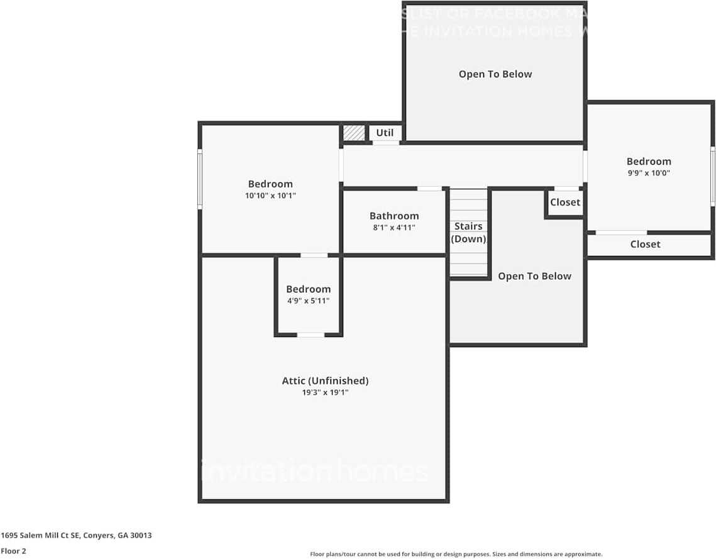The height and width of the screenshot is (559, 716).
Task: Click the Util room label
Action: point(385,133)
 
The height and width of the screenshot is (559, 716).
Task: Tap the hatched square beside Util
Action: point(354,133)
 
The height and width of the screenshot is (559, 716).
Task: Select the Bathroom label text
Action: point(394,216)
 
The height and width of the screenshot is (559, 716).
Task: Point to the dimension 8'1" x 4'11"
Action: point(394,228)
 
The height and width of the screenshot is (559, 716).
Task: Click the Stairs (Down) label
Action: point(469,232)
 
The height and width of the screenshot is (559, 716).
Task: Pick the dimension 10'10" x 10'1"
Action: point(270,196)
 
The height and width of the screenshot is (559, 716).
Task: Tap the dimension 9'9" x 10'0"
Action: point(649,173)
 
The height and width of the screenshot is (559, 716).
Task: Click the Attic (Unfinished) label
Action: point(325,380)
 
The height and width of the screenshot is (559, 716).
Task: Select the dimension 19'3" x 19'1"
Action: point(325,392)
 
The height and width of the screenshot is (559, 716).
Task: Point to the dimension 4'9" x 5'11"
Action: point(308,301)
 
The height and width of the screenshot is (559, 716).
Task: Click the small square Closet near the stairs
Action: point(565,202)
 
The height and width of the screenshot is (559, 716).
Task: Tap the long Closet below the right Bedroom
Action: point(645,244)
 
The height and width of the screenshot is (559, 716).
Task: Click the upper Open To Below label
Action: point(495,74)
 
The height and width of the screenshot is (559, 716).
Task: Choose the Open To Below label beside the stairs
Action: point(534,276)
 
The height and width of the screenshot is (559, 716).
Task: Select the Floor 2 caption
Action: point(13,551)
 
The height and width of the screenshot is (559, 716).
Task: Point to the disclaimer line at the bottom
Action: point(456,554)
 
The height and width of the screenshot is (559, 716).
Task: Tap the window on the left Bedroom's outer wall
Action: point(200,179)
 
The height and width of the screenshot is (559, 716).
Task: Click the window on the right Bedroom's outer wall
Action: point(713,175)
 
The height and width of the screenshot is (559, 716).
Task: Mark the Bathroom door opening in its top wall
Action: point(429,189)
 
